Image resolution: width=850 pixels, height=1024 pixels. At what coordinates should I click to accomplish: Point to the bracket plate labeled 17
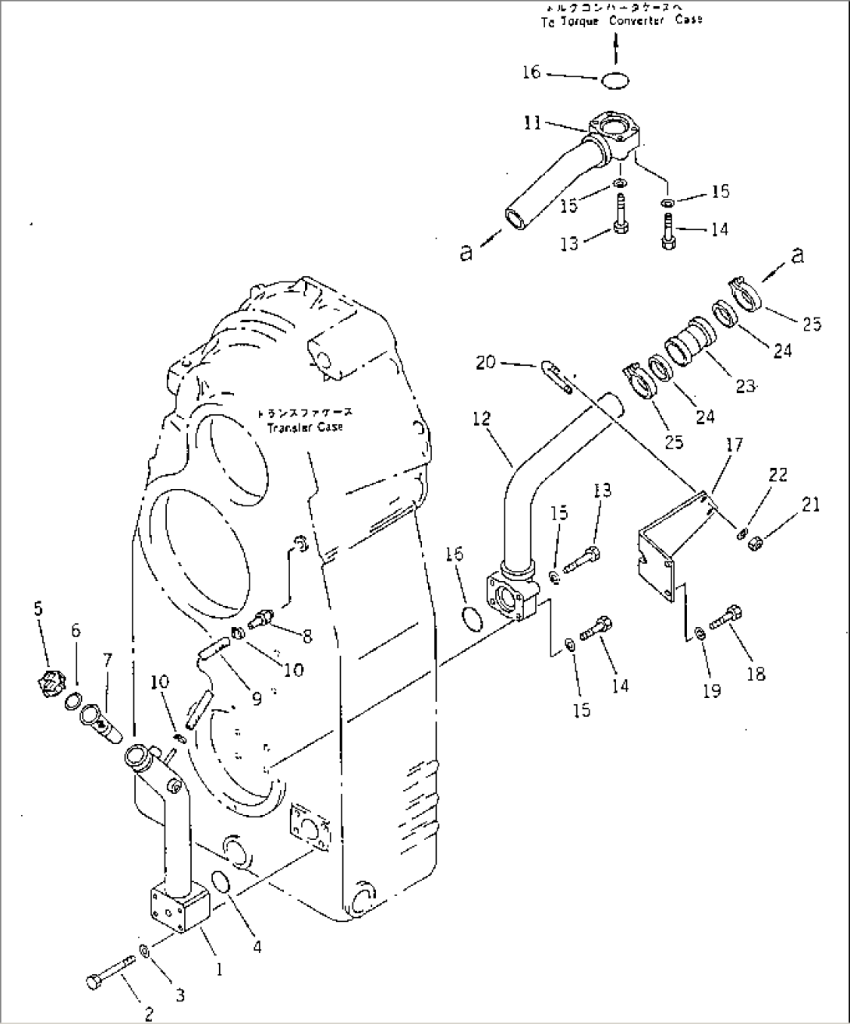(x=663, y=546)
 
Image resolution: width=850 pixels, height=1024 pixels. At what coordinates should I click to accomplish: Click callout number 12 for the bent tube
(x=482, y=419)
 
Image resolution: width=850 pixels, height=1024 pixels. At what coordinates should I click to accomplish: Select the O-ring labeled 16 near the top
(x=616, y=80)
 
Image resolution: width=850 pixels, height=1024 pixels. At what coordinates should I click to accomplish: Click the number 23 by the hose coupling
(x=745, y=384)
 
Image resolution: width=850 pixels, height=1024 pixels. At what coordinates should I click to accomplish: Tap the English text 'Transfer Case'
(x=305, y=427)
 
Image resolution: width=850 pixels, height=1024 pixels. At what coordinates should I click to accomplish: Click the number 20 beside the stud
(x=485, y=362)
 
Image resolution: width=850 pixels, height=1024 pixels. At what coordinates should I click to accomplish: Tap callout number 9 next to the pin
(x=257, y=678)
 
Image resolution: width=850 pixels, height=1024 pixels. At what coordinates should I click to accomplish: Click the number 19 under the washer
(x=712, y=690)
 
